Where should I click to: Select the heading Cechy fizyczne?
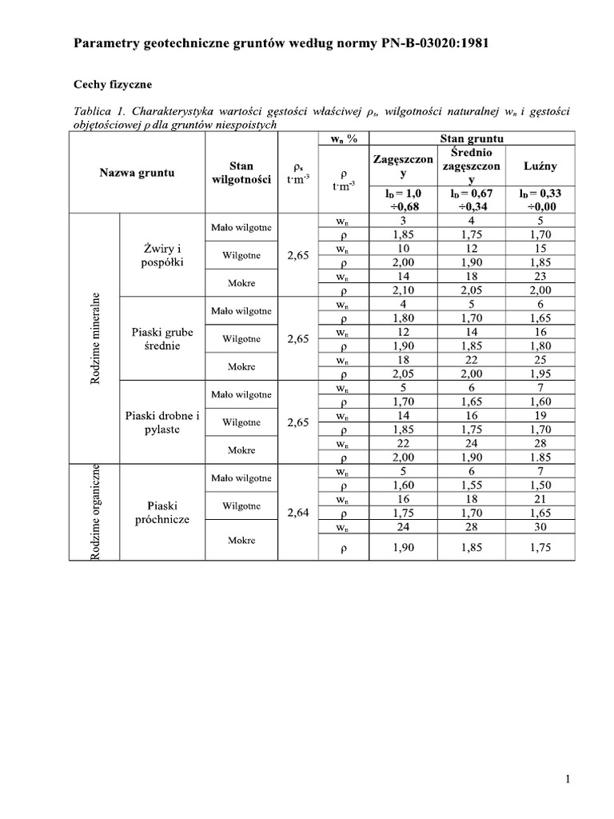[113, 84]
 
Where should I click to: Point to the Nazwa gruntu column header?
[137, 172]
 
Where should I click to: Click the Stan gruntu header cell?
[471, 138]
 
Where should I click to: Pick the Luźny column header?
[540, 166]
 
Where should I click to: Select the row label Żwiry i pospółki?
[162, 255]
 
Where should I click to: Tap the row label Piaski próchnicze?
[162, 513]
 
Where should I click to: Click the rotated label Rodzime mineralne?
[95, 338]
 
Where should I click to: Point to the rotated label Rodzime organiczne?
[95, 512]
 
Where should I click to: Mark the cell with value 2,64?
[297, 513]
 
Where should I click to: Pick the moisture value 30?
[540, 527]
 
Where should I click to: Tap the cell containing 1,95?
[540, 374]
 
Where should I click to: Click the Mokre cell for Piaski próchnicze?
[241, 540]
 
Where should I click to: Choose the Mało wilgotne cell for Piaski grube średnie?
[241, 311]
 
